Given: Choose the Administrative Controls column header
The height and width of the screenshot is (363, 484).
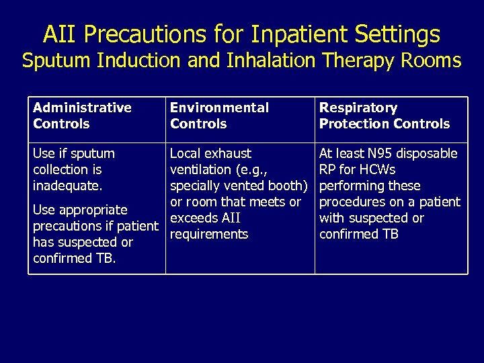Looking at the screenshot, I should (82, 116).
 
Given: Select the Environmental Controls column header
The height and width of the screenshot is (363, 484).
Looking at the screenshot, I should (219, 116).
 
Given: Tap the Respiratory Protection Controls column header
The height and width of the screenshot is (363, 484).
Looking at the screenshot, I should (384, 116).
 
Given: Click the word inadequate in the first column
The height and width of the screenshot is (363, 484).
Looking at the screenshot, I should (67, 186).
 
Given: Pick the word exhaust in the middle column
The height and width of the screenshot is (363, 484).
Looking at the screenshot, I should (229, 154).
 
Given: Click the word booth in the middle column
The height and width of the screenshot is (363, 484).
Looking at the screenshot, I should (288, 186).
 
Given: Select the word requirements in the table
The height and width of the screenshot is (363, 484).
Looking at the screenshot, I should (209, 235).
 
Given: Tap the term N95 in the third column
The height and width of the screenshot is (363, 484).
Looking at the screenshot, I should (380, 154).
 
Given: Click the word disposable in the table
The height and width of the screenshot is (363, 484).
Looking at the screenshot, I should (428, 154).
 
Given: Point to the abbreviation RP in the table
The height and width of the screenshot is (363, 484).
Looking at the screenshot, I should (327, 170).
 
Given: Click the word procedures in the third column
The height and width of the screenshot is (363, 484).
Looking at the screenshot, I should (352, 202).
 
